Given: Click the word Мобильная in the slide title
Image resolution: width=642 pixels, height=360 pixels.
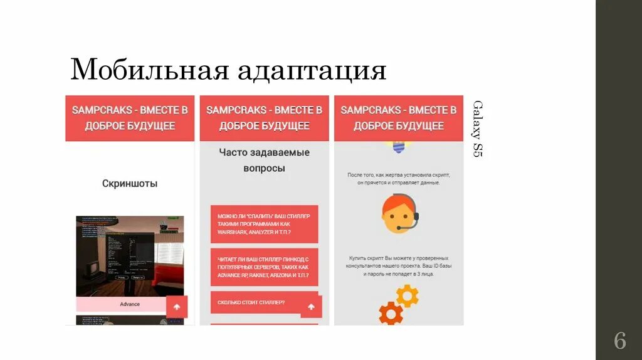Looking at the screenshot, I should tap(149, 70).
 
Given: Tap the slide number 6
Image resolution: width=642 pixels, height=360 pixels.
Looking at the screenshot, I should tap(619, 341).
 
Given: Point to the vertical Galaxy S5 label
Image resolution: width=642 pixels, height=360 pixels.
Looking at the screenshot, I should tap(478, 129).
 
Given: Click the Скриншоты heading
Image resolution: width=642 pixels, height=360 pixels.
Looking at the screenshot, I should tap(130, 184).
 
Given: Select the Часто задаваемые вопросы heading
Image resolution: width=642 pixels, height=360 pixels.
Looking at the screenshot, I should tap(264, 160).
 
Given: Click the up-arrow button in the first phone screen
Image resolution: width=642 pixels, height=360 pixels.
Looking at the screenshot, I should tap(177, 307).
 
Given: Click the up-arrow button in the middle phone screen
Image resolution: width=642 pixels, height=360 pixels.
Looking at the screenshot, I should tap(311, 307).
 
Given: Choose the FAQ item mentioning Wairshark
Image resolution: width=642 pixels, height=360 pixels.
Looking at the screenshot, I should tap(264, 224).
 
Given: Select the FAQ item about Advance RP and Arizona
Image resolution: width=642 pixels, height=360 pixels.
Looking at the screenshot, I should tap(264, 267).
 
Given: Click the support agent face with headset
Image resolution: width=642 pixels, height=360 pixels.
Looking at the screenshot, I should tap(399, 214).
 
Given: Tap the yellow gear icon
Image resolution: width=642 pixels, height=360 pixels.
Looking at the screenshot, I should tap(408, 295).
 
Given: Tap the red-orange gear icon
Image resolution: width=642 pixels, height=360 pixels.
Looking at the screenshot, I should tap(391, 312).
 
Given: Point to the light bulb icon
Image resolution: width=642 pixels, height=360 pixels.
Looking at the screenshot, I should tap(398, 147).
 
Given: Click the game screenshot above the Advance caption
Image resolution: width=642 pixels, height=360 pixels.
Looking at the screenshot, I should tap(130, 256).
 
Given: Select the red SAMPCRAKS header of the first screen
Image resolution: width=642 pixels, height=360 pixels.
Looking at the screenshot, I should tap(130, 118).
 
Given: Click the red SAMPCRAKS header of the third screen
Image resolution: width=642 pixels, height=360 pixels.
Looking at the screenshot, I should tap(398, 118).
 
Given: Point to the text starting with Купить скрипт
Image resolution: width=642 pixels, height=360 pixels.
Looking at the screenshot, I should tap(399, 266).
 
